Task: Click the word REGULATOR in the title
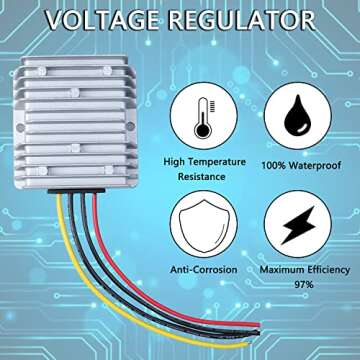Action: pyautogui.click(x=246, y=19)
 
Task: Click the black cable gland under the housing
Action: pyautogui.click(x=77, y=188)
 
